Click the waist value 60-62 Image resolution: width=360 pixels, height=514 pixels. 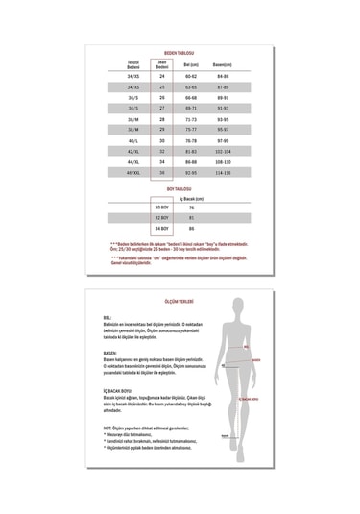[192, 76]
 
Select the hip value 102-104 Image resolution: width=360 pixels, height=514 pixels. [224, 150]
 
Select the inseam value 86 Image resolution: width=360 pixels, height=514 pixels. [192, 228]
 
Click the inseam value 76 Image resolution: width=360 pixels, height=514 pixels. [192, 207]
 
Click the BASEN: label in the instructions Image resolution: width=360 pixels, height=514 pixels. [108, 354]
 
